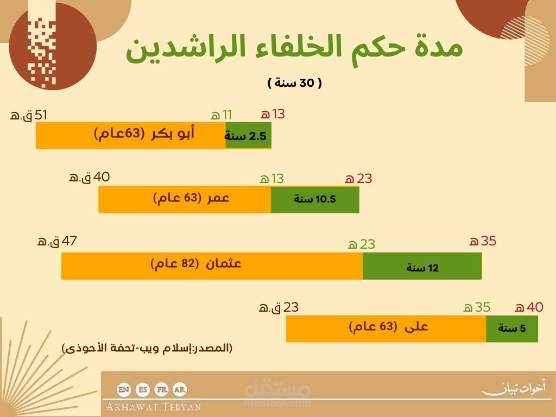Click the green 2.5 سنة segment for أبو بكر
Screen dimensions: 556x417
coord(248,135)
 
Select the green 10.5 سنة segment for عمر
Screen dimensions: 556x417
coord(315,199)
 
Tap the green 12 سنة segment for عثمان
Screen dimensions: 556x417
coord(422,266)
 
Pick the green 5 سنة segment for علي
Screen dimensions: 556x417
coord(511,328)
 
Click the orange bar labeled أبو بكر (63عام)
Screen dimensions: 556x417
coord(130,135)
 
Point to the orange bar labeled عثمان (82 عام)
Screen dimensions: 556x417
coord(212,266)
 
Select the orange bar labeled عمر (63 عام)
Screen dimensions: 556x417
coord(185,199)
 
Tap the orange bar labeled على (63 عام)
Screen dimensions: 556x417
coord(386,328)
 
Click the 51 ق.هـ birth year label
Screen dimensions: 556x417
coord(28,115)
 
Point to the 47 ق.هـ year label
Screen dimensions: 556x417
coord(56,241)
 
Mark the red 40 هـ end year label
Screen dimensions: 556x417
coord(529,307)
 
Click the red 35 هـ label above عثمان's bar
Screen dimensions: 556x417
coord(483,241)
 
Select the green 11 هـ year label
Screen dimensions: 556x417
coord(222,115)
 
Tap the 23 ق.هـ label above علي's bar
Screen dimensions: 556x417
coord(279,307)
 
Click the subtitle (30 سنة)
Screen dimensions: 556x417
coord(295,83)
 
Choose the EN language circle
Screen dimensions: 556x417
coord(123,390)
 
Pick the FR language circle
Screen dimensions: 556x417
coord(162,390)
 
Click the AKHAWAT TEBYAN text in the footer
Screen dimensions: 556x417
coord(154,407)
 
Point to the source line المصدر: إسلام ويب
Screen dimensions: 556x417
coord(147,348)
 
